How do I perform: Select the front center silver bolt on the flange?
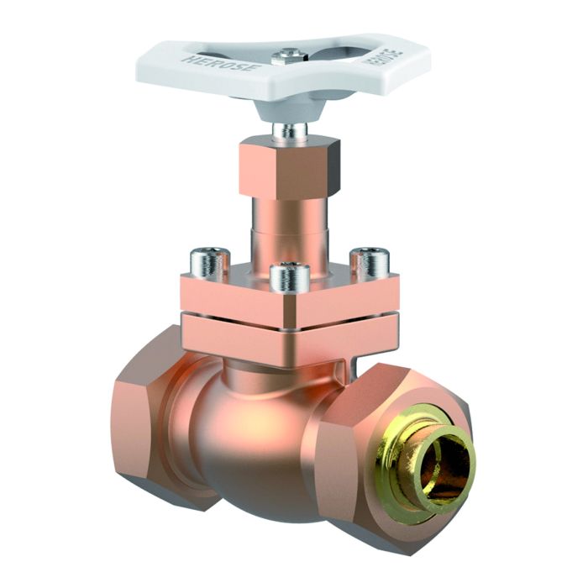click(290, 277)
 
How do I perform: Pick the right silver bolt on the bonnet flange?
click(369, 262)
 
